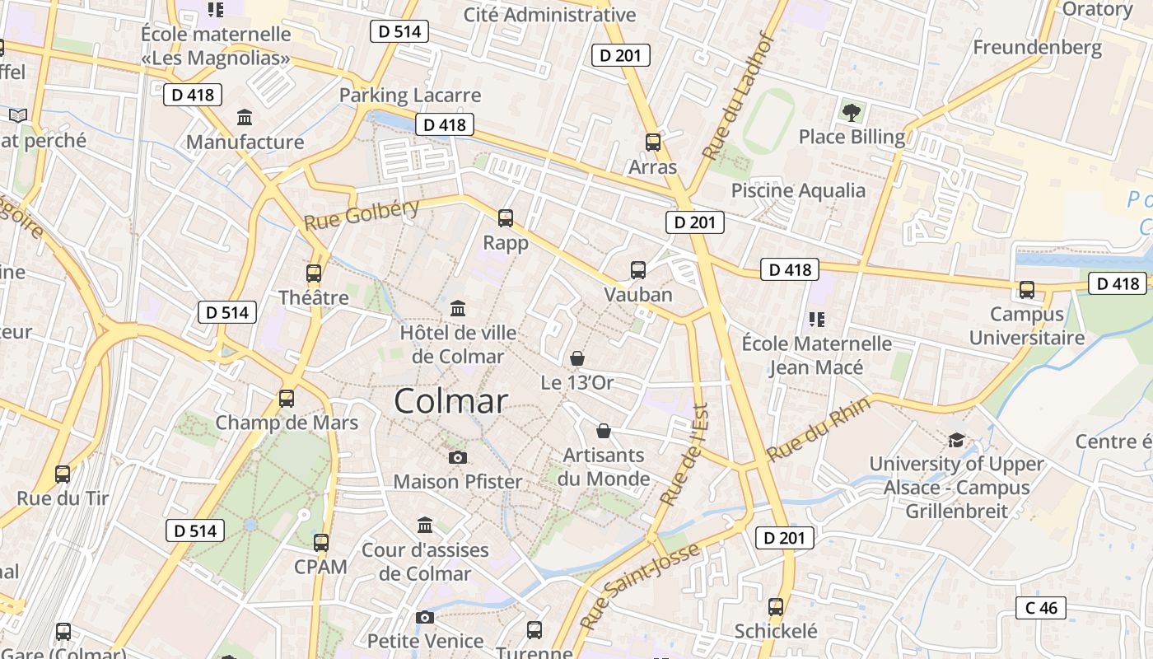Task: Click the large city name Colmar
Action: [x=450, y=401]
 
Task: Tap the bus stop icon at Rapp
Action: [x=506, y=218]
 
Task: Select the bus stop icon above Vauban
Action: [x=638, y=269]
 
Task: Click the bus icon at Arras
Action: [x=653, y=143]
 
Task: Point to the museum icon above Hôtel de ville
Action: [x=458, y=309]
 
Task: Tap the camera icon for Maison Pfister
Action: [x=458, y=457]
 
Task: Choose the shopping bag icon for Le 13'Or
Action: [x=577, y=358]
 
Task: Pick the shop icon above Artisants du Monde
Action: [x=604, y=431]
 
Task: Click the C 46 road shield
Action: [x=1041, y=608]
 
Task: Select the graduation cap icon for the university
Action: [x=956, y=441]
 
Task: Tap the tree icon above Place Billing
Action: [x=852, y=112]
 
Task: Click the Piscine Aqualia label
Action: [x=798, y=190]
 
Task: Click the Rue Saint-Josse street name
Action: [x=639, y=586]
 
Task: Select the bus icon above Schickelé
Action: [x=776, y=607]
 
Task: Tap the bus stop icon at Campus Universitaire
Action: [x=1027, y=289]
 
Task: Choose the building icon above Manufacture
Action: [x=245, y=118]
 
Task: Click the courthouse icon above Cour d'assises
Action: [x=425, y=525]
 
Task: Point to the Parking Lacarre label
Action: [x=410, y=95]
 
